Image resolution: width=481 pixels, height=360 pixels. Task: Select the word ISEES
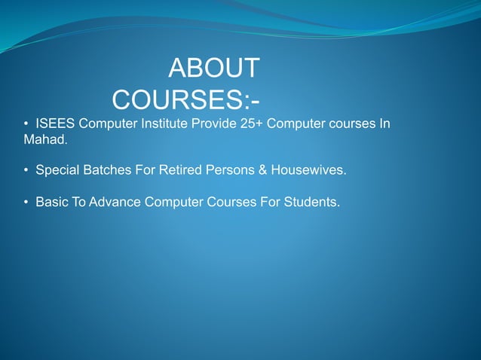[x=55, y=124]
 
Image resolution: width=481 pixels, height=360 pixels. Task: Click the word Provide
[x=214, y=124]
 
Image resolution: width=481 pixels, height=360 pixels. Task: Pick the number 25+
[x=254, y=124]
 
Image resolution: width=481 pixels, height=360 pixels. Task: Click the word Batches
[x=106, y=170]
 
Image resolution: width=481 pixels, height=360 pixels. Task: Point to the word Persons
[x=230, y=170]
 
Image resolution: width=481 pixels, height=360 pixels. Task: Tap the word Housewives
[x=309, y=170]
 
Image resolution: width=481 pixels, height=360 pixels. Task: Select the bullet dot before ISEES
[x=26, y=124]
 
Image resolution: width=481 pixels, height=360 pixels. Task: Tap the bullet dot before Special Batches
[x=26, y=171]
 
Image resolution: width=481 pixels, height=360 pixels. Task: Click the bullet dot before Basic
[x=26, y=203]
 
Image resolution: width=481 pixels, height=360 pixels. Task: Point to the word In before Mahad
[x=384, y=124]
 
